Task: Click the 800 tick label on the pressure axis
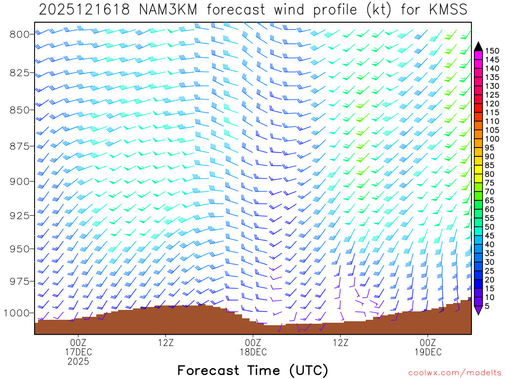click(x=20, y=34)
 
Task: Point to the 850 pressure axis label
click(x=20, y=109)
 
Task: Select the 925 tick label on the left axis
click(x=20, y=215)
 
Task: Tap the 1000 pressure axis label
click(x=17, y=313)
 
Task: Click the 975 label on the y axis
click(x=20, y=281)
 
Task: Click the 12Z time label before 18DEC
click(x=166, y=342)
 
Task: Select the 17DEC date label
click(x=78, y=352)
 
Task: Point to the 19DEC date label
click(x=427, y=352)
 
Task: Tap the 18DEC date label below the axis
click(x=253, y=352)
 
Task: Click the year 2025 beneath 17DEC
click(x=78, y=362)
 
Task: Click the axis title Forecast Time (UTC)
click(x=253, y=370)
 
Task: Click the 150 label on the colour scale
click(x=492, y=51)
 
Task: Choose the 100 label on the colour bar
click(x=492, y=139)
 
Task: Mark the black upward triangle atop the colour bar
click(x=478, y=46)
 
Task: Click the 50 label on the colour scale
click(x=492, y=227)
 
